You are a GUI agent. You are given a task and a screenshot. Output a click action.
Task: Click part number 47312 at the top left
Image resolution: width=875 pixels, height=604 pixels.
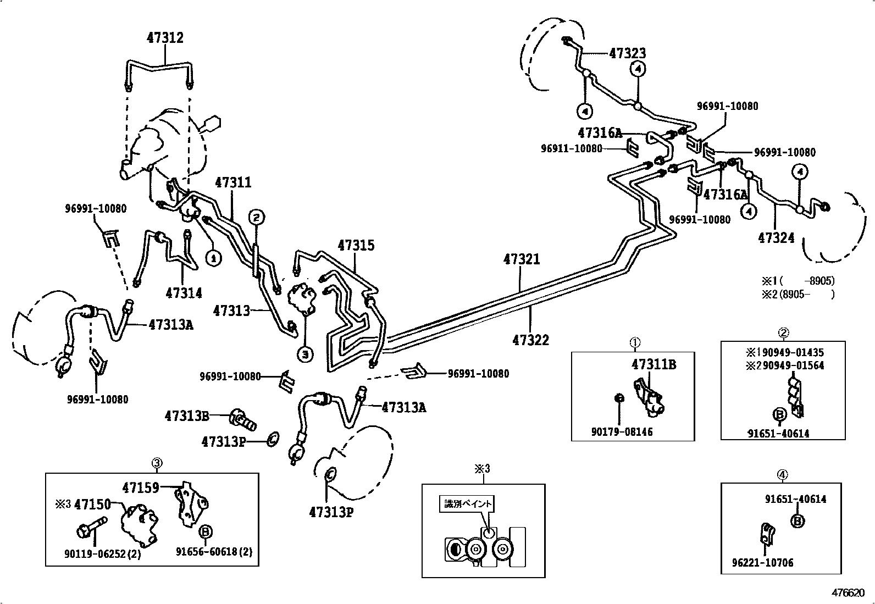(x=165, y=38)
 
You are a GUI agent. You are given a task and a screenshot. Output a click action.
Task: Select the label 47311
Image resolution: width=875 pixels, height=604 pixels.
(x=233, y=182)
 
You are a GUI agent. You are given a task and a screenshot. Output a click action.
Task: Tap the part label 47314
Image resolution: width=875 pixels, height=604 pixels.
(x=184, y=293)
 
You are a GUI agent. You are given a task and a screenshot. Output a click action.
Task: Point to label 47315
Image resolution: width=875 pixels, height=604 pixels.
(x=356, y=245)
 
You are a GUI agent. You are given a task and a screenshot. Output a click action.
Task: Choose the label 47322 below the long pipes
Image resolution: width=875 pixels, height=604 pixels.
(x=530, y=340)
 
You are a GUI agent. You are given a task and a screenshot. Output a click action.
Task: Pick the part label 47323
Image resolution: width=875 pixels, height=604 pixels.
(x=627, y=53)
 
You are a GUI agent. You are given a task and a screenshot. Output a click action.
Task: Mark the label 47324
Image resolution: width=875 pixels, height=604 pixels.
(x=776, y=237)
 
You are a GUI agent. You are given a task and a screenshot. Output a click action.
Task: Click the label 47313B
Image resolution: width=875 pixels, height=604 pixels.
(x=187, y=416)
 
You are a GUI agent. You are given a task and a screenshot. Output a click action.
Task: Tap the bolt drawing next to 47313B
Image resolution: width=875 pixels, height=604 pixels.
(x=242, y=420)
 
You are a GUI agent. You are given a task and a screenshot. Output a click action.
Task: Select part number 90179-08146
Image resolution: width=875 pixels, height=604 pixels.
(x=622, y=432)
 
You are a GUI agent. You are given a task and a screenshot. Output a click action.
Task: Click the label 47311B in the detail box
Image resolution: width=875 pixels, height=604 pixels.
(x=654, y=364)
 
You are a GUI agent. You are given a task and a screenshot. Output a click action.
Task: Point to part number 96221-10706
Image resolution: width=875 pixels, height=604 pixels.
(x=762, y=563)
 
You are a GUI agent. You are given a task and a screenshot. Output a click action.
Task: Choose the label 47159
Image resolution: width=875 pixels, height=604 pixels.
(x=141, y=487)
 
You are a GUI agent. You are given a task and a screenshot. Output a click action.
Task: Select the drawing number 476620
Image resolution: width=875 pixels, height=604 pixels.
(x=848, y=593)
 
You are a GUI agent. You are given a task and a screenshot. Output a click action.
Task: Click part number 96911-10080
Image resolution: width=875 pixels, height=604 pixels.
(x=571, y=148)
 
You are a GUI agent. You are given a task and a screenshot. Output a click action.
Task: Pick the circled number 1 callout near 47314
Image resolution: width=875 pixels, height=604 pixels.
(x=213, y=258)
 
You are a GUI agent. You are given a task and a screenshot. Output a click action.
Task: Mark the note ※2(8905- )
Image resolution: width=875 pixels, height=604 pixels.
(x=798, y=294)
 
